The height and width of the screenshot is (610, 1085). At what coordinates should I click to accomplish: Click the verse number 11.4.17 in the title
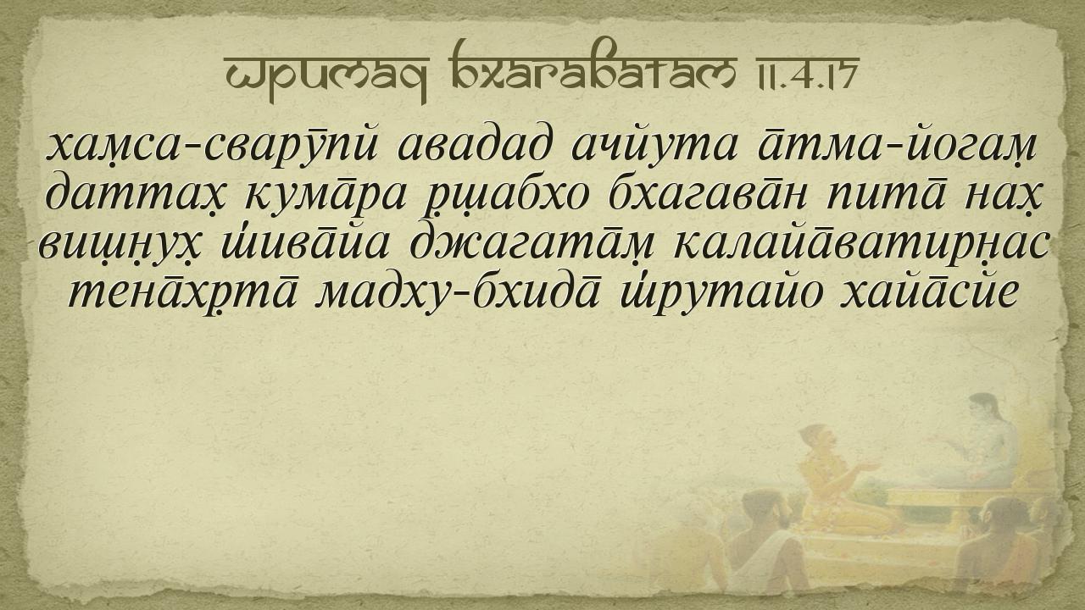(x=799, y=74)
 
